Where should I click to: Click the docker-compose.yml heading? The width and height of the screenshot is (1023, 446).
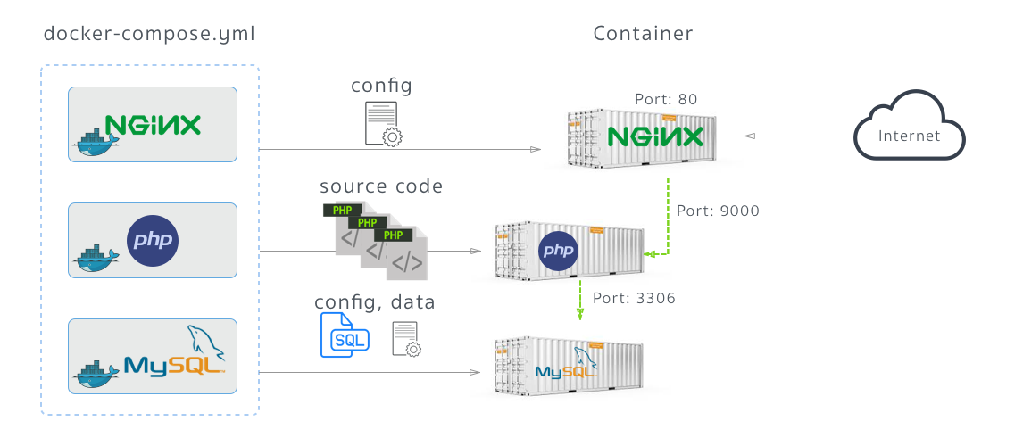coord(149,35)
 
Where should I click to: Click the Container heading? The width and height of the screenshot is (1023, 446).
coord(643,35)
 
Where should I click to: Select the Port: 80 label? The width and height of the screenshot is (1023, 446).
coord(665,99)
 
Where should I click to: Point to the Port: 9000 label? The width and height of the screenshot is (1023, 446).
coord(718,211)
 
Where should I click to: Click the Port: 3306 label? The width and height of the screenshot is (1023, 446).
coord(634,298)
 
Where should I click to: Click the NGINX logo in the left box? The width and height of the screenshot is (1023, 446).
coord(153,125)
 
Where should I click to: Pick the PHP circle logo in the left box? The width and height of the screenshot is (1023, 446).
coord(153,241)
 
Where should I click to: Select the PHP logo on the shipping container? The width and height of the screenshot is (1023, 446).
coord(559,249)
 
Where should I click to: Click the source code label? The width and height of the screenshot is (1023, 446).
coord(381,186)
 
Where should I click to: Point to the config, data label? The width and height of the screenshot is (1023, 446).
coord(375,302)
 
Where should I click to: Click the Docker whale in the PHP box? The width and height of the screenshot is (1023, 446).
coord(96,258)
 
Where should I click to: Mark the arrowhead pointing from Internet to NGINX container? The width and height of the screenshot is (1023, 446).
coord(750,136)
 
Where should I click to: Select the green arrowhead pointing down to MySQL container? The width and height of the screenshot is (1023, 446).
coord(580,313)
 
